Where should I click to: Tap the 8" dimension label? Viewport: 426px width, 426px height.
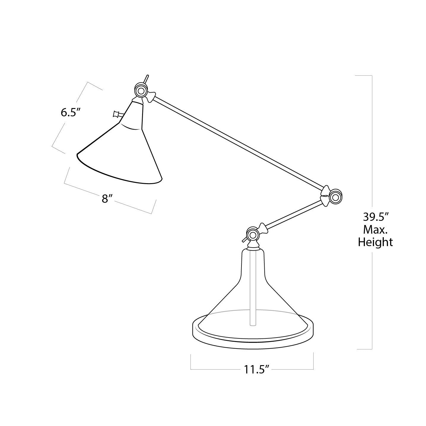107,199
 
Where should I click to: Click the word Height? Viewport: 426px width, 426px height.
376,242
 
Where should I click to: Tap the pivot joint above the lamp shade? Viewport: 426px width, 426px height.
140,90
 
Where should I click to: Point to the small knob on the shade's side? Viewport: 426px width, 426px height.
116,114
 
